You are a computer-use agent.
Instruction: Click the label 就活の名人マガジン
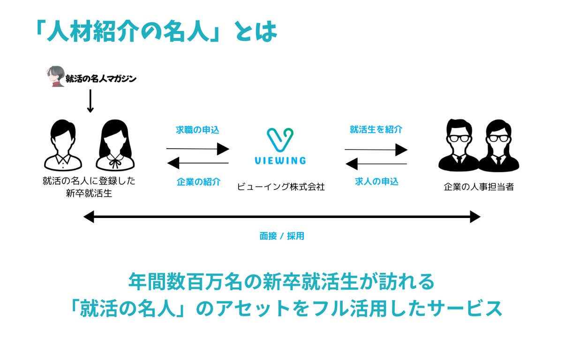point(101,79)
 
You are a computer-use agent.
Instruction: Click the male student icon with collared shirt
point(63,145)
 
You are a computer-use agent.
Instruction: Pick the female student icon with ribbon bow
point(114,145)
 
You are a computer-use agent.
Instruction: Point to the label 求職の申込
point(198,130)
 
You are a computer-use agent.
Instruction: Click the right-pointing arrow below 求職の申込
point(198,149)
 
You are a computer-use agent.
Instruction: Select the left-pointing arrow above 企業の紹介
point(198,163)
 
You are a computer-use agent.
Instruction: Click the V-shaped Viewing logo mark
point(280,139)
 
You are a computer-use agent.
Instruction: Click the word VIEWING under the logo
point(280,161)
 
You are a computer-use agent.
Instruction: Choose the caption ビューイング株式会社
point(281,187)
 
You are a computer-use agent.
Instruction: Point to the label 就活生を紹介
point(376,130)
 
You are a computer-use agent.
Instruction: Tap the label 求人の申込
point(376,182)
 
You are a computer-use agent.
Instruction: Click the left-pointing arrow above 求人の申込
point(376,164)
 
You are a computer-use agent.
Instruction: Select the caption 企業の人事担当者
point(479,187)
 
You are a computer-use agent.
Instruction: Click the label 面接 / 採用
point(282,236)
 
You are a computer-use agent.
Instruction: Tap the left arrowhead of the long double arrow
point(88,217)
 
